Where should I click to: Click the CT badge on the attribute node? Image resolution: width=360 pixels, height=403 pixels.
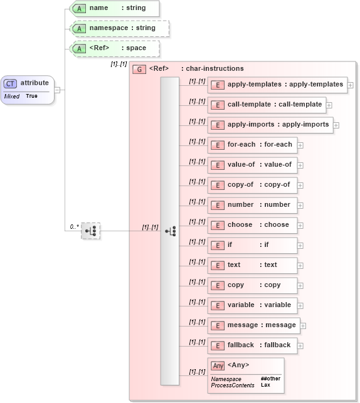pos(11,83)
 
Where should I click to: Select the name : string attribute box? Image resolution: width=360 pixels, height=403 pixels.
pos(115,9)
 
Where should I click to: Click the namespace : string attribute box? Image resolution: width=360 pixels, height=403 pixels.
pos(119,28)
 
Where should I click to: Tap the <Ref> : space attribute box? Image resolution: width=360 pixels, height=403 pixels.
pos(115,48)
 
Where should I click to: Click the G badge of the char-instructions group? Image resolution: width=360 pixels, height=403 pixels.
pos(139,69)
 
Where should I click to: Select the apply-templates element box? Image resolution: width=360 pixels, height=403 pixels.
pos(277,85)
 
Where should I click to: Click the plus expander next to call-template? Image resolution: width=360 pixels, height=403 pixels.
pos(329,105)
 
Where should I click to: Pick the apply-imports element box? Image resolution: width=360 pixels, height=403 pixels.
pos(270,125)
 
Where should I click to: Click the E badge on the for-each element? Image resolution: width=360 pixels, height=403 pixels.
pos(217,145)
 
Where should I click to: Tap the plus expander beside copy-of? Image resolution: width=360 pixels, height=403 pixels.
pos(300,186)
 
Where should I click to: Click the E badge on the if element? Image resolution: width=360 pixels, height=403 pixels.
pos(217,245)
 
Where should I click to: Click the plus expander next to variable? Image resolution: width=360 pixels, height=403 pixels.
pos(300,306)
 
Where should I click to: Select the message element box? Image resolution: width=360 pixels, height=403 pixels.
pos(254,325)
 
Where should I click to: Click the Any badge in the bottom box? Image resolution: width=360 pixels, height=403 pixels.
pos(218,365)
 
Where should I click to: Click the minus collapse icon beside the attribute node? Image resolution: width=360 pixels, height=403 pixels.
pos(58,90)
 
